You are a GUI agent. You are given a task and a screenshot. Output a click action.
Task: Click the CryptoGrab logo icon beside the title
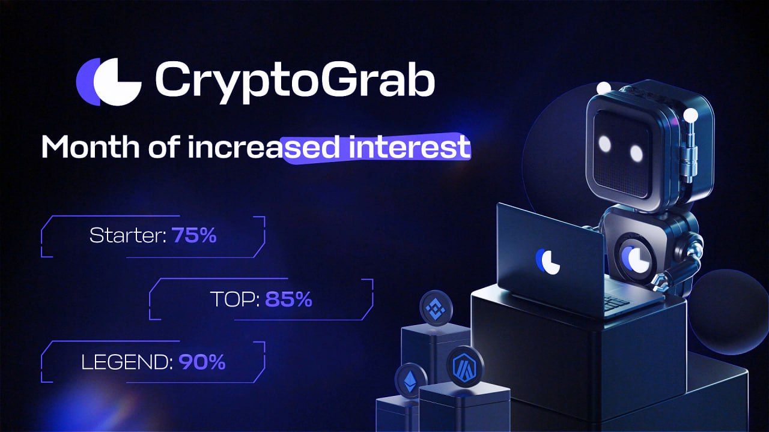109,82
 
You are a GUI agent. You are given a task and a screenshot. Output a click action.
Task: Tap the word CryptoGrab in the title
295,82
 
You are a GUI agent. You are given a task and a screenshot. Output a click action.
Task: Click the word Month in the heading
90,147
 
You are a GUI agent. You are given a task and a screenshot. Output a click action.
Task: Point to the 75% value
194,235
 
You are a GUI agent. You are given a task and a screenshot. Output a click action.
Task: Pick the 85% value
289,299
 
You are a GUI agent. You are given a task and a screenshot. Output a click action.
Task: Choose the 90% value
202,362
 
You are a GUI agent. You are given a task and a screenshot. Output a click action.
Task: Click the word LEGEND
127,362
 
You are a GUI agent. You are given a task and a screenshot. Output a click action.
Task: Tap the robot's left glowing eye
604,143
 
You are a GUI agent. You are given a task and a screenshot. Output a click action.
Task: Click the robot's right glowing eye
636,153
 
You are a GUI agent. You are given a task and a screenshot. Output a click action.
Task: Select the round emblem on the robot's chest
635,259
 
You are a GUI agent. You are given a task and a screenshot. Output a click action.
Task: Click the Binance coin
436,308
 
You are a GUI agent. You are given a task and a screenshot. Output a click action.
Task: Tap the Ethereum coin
410,380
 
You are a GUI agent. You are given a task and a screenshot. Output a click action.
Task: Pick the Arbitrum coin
466,366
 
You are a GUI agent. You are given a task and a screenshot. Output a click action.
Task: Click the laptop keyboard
615,302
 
